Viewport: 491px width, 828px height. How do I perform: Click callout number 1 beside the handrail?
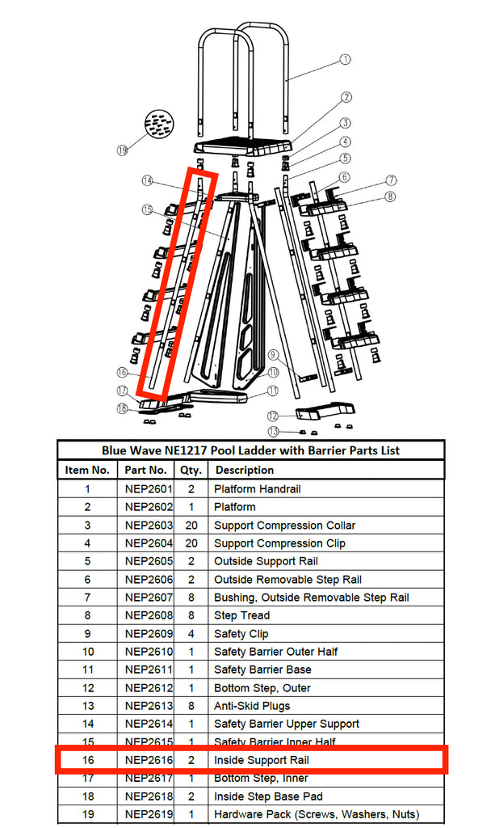pos(345,59)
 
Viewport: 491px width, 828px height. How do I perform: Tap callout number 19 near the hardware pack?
pos(123,150)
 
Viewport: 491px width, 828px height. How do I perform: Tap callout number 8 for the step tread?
pos(391,196)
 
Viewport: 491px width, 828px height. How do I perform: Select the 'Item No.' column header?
pos(87,470)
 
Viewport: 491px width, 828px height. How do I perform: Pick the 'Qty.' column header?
pos(191,470)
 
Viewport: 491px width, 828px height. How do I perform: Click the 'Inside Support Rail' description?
pos(261,761)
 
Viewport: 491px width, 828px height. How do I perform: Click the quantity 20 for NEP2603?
pos(191,526)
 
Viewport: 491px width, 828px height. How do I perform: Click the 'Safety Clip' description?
pos(241,634)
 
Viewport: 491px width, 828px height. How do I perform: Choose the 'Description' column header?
pos(244,470)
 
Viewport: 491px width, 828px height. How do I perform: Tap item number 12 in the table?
pos(87,688)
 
